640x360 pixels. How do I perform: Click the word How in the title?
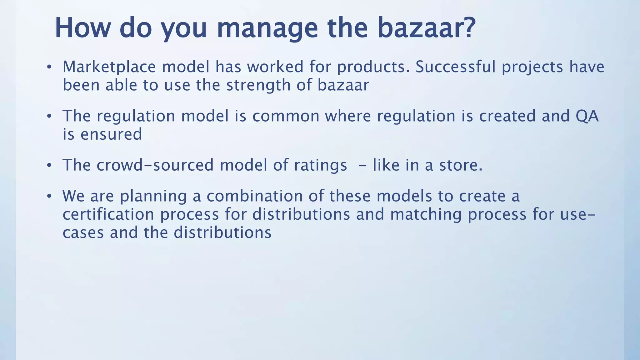[83, 28]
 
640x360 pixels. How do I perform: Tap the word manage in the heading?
[267, 28]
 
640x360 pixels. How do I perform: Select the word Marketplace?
[109, 67]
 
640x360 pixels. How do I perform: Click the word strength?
[258, 85]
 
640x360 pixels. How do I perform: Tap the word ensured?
[111, 134]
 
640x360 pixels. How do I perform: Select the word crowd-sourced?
[155, 165]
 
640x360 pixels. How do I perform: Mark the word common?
[286, 116]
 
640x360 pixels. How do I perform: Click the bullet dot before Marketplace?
[49, 67]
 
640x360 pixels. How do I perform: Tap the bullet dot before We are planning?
[49, 197]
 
